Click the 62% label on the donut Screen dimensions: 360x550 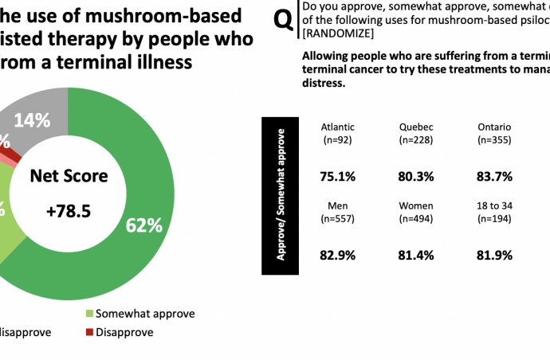143,225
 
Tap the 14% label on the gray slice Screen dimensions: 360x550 33,120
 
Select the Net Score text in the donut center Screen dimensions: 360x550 69,176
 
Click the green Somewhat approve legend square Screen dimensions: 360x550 89,314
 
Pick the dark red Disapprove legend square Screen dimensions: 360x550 89,332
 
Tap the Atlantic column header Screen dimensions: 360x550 337,127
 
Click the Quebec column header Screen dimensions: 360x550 417,127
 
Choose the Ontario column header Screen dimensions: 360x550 494,127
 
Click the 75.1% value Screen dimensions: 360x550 338,176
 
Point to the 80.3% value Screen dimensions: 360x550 417,176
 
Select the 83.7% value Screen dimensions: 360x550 494,176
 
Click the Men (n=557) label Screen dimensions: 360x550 338,212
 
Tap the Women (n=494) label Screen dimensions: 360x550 417,212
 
